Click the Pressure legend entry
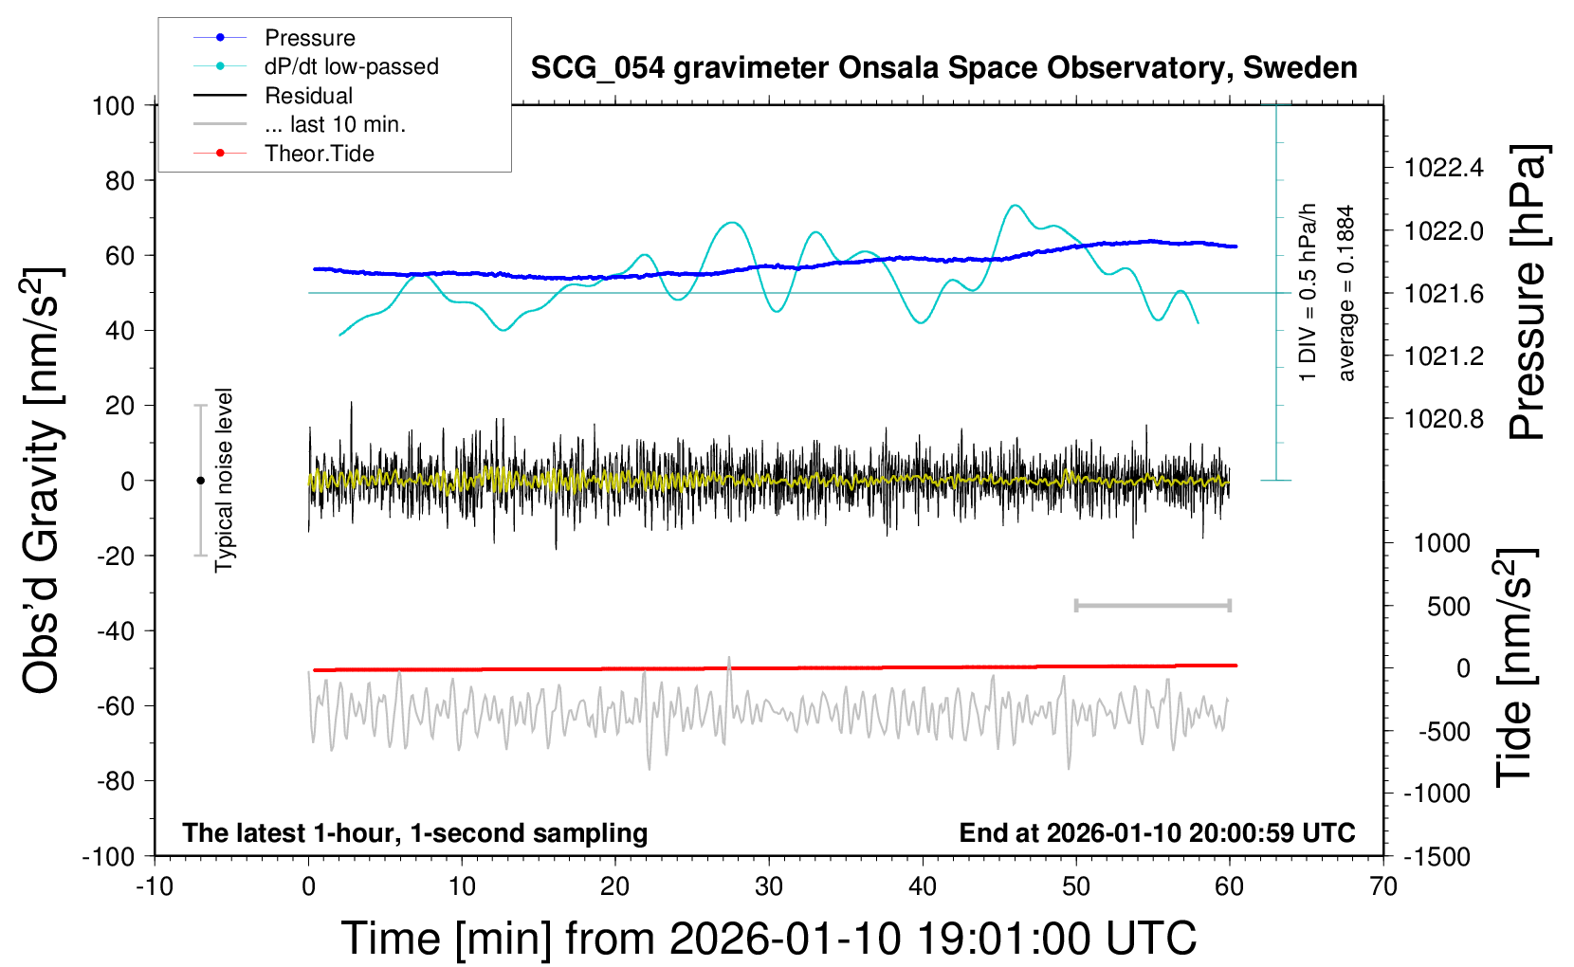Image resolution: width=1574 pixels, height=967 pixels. pos(309,38)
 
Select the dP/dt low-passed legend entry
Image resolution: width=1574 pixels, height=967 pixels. pos(351,66)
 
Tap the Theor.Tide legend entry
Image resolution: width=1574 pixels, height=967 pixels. pos(319,154)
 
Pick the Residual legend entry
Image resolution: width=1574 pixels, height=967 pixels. pos(308,96)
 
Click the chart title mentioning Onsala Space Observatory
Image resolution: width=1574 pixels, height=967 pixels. pos(943,68)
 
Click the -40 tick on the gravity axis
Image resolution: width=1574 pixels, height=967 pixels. pos(115,630)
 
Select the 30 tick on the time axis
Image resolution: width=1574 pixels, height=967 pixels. pos(769,886)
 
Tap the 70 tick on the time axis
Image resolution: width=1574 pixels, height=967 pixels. pos(1383,886)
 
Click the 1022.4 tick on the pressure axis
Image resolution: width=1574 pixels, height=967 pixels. pos(1443,169)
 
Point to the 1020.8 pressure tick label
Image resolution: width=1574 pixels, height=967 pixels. pos(1443,419)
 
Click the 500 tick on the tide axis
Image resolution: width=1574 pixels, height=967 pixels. pos(1448,607)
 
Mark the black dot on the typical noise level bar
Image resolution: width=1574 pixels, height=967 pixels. pos(200,481)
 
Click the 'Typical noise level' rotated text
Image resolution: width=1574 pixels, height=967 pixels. pos(224,481)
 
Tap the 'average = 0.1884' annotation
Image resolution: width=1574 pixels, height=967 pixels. pos(1346,293)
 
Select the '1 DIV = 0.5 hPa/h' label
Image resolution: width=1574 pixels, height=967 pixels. pos(1309,293)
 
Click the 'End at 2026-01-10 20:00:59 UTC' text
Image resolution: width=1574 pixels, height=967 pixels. pos(1157,833)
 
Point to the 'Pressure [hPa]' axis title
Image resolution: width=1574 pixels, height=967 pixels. pos(1527,293)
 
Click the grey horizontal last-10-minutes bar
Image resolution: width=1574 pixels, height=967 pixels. pos(1152,605)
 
